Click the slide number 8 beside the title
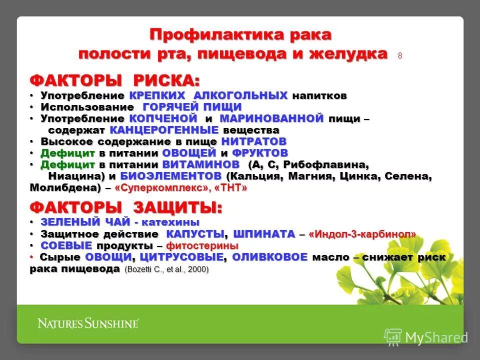[x=400, y=56]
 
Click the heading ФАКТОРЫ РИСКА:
[x=114, y=80]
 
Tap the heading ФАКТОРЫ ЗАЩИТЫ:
[x=126, y=207]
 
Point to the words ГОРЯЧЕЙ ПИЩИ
[x=192, y=107]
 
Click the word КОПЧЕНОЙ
[x=163, y=119]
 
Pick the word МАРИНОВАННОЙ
[x=271, y=119]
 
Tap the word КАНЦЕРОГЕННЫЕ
[x=164, y=130]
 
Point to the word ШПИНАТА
[x=263, y=234]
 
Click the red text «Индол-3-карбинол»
[x=362, y=234]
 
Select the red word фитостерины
[x=202, y=246]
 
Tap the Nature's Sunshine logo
[x=88, y=323]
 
